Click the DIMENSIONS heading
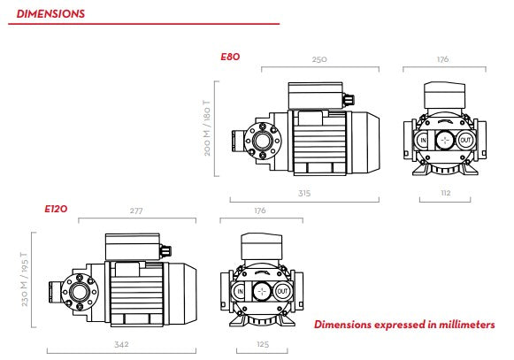coord(50,14)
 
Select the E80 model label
coord(230,57)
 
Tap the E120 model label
coord(56,209)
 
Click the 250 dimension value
coord(319,59)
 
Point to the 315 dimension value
coord(304,193)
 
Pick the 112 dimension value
coord(446,193)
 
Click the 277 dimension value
coord(136,211)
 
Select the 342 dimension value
coord(121,344)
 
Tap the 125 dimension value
coord(263,344)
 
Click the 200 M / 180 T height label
coord(207,128)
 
